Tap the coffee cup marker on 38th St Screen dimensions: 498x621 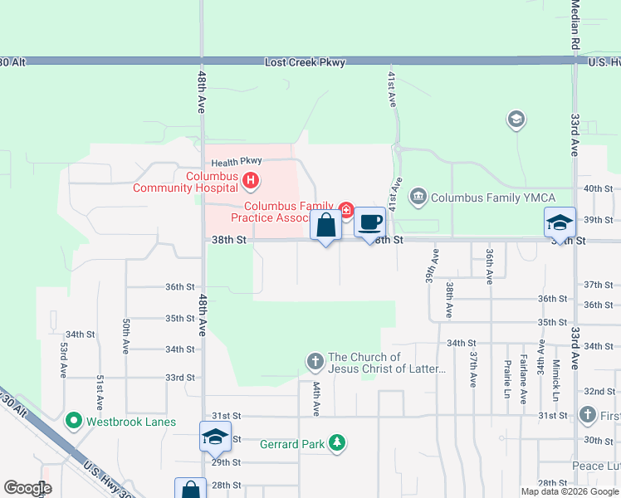[x=370, y=222]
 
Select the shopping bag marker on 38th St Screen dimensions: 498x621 [x=325, y=225]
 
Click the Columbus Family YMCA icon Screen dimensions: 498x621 [x=418, y=197]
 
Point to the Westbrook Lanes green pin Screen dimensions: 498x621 [x=74, y=421]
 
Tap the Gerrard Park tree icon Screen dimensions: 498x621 [x=337, y=443]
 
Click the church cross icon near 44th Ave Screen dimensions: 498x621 [x=315, y=361]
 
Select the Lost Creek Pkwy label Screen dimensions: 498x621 [x=298, y=62]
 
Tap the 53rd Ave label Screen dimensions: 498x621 [x=63, y=359]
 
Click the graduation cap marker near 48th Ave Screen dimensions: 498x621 [x=215, y=436]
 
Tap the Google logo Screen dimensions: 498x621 [x=27, y=488]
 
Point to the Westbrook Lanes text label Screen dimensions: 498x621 [x=131, y=422]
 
